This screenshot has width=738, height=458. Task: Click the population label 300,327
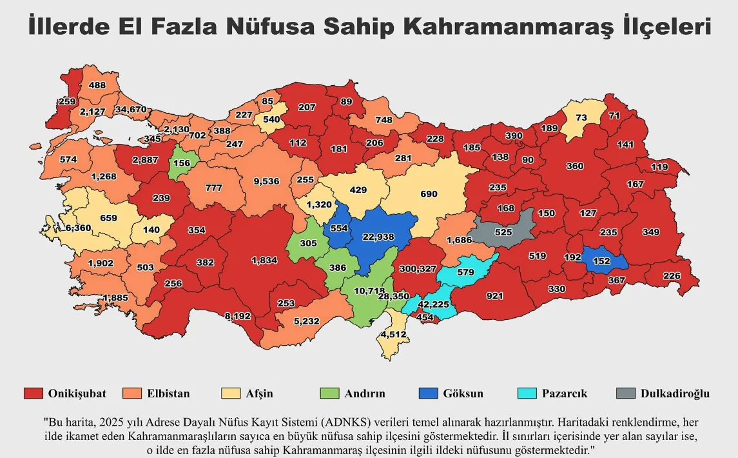[x=417, y=268]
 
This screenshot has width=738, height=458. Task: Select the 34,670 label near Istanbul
[x=131, y=110]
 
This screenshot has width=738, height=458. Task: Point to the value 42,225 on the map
[x=433, y=304]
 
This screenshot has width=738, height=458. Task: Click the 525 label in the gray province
[x=503, y=232]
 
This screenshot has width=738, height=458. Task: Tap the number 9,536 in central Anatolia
[x=266, y=181]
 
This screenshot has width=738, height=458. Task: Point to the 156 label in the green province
[x=182, y=163]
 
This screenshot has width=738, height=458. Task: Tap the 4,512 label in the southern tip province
[x=393, y=334]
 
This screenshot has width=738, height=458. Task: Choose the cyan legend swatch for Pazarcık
[x=528, y=393]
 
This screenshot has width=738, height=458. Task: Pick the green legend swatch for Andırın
[x=329, y=393]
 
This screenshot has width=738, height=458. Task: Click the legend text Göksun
[x=463, y=393]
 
